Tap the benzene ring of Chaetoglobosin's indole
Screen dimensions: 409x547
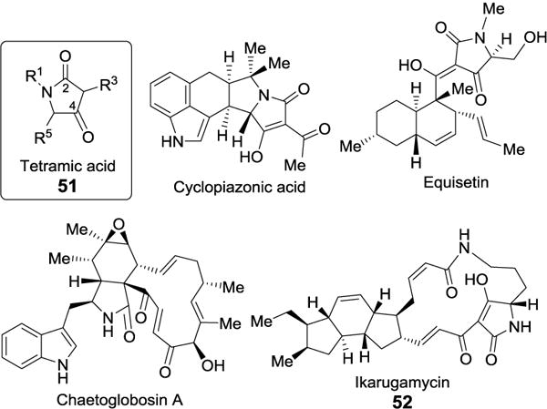(34, 343)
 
